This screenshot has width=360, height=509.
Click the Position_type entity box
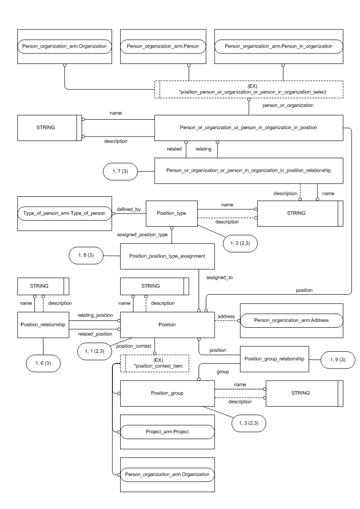click(172, 213)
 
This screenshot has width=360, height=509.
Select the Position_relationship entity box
click(44, 325)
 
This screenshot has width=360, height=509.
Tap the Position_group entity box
click(166, 393)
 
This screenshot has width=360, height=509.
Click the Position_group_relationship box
click(274, 359)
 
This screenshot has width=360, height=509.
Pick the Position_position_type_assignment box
click(167, 256)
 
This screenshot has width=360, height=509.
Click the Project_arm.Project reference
click(166, 432)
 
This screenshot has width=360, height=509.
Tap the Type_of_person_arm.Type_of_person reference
click(64, 213)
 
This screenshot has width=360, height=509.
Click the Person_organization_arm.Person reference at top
click(163, 46)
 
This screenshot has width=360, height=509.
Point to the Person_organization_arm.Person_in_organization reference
click(278, 46)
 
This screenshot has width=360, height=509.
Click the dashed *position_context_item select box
click(154, 364)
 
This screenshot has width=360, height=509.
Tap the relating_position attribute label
click(95, 314)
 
